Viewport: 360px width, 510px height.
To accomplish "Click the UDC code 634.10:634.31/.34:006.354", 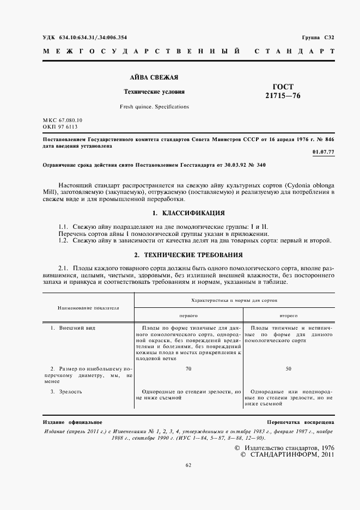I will [x=93, y=37].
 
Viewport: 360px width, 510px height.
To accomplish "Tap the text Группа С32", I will [x=318, y=37].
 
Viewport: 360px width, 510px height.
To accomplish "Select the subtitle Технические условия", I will [x=154, y=92].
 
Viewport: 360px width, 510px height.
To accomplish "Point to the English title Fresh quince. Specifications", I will [x=154, y=107].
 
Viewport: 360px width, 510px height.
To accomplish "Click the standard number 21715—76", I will [x=282, y=95].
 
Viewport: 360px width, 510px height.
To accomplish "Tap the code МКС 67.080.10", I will [x=62, y=120].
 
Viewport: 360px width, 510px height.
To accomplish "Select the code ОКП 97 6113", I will [x=60, y=126].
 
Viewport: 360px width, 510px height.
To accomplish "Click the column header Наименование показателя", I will [x=88, y=308].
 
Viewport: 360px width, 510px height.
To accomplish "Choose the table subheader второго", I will [x=288, y=315].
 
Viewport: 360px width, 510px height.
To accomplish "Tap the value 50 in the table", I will [x=288, y=369].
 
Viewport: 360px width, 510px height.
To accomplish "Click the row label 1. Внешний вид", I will [x=74, y=329].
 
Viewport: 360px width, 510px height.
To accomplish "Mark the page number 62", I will [x=188, y=465].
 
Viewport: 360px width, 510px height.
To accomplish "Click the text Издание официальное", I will [x=72, y=422].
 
